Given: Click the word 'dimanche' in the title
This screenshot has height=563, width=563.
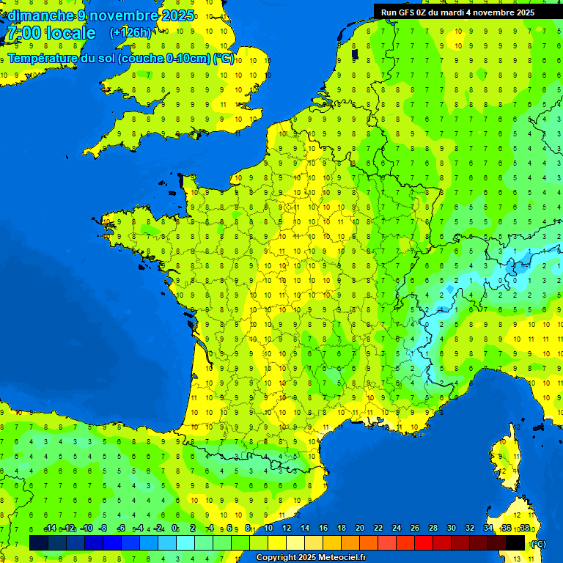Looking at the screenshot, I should coord(40,15).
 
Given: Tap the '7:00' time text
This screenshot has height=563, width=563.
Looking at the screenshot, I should coord(23,34).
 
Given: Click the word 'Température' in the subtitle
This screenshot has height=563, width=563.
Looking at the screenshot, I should coord(43,59).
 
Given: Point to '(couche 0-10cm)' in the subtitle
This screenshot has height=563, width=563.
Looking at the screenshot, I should coord(164,59).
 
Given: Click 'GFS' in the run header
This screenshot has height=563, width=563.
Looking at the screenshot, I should coord(408,12).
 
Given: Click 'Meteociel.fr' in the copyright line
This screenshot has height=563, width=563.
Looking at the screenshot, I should coord(342,558).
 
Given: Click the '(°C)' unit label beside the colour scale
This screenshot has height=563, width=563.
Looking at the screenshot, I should coord(539,544).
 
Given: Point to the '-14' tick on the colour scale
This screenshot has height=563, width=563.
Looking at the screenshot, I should coord(51,529).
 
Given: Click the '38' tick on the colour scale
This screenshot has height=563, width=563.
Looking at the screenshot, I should coord(524,529).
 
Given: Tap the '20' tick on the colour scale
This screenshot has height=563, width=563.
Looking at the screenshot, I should coord(359,529).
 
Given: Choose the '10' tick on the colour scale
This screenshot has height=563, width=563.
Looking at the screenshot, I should coord(268,529).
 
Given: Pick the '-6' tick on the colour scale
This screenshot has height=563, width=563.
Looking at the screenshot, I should coord(121,529).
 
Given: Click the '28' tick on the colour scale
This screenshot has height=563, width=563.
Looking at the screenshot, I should coord(433,529).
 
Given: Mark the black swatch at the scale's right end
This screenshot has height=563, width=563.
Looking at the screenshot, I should coord(516,542).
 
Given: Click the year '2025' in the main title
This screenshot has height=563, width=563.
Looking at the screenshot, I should coord(177,15).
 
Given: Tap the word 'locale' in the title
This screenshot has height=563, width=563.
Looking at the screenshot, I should coord(70,34).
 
